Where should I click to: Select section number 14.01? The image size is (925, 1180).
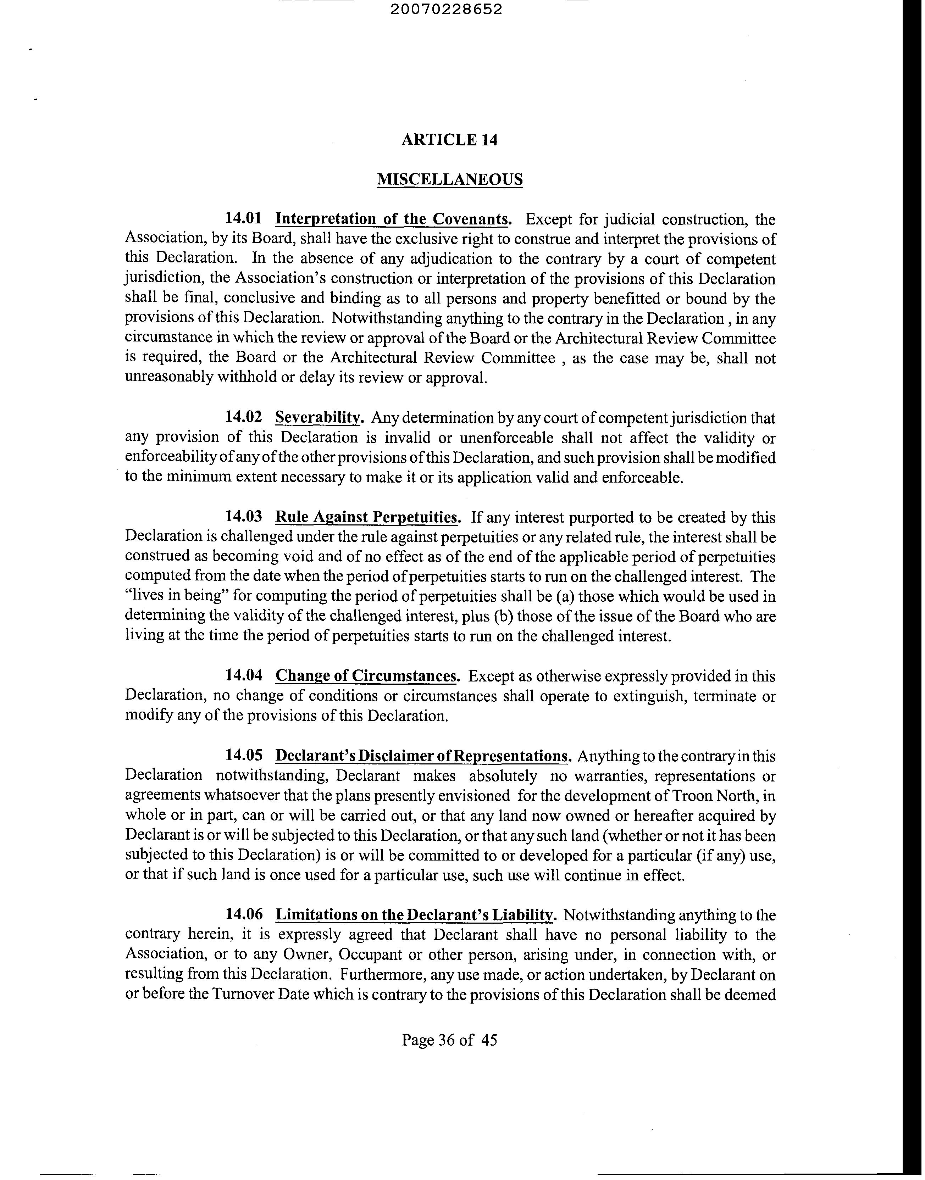[243, 219]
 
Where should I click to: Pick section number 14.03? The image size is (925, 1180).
[243, 517]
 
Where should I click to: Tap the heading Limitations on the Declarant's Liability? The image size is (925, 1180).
[415, 915]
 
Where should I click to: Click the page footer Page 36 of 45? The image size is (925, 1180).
[449, 1040]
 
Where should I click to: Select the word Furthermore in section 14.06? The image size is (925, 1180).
[380, 974]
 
